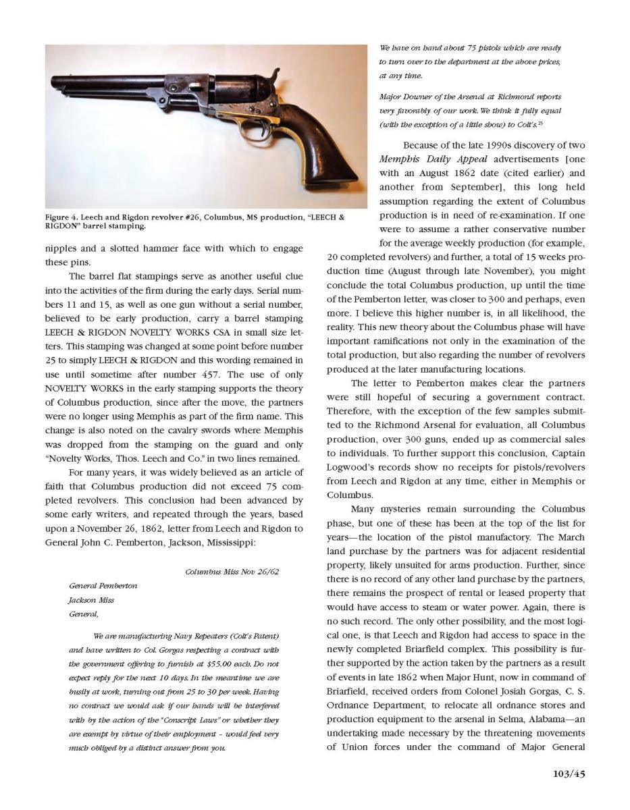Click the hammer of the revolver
(x=274, y=76)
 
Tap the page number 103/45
(x=563, y=774)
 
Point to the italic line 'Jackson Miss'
(x=90, y=599)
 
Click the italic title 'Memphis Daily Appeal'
(x=432, y=159)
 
